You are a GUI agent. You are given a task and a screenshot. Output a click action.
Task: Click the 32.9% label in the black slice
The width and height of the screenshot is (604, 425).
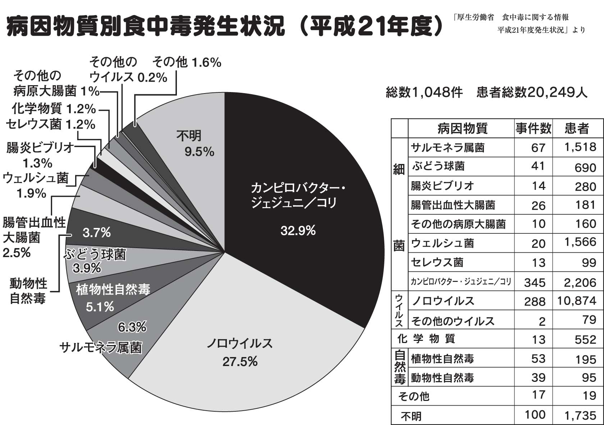(x=298, y=230)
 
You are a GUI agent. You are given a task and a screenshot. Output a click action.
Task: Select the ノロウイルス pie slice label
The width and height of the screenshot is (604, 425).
(x=239, y=344)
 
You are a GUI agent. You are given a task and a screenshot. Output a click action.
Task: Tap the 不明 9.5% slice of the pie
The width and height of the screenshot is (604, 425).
(x=194, y=144)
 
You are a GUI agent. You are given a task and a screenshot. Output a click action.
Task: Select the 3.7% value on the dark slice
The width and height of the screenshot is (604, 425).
(x=96, y=233)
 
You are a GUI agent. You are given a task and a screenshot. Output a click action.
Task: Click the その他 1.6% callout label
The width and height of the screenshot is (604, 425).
(x=187, y=63)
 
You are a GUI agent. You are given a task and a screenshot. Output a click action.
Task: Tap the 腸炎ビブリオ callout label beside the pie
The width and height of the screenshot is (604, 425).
(x=40, y=148)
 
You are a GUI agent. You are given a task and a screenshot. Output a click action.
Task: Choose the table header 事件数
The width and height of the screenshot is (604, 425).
(x=533, y=128)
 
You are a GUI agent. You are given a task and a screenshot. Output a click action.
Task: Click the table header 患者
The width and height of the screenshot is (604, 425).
(x=577, y=128)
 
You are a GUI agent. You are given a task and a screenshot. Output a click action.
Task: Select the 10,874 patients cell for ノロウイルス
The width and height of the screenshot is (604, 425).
(x=577, y=301)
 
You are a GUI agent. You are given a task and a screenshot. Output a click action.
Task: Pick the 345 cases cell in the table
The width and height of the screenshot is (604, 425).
(x=535, y=282)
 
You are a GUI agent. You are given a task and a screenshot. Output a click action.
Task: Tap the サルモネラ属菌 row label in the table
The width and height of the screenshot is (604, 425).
(x=448, y=147)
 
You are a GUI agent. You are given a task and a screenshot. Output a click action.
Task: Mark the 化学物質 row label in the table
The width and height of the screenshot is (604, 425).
(x=426, y=338)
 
